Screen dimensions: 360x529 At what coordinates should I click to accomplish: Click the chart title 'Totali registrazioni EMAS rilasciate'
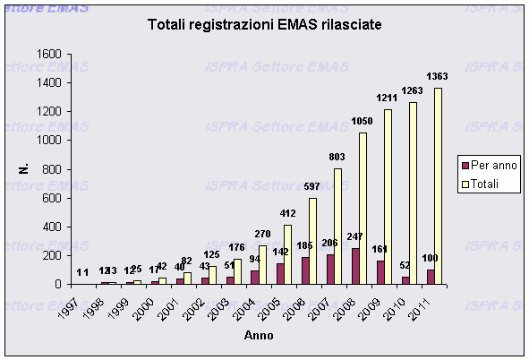[264, 26]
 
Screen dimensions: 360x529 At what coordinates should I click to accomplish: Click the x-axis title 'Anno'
[260, 336]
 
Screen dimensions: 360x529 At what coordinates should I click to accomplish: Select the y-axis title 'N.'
[24, 168]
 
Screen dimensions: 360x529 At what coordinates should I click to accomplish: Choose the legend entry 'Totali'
[489, 184]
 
